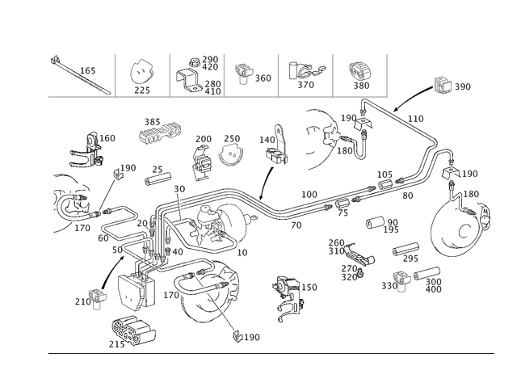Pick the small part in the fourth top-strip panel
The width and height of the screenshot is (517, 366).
[242, 72]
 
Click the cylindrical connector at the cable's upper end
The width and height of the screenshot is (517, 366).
[441, 84]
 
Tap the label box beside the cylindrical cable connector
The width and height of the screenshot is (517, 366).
[464, 86]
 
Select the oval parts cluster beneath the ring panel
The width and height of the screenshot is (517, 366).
[161, 133]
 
